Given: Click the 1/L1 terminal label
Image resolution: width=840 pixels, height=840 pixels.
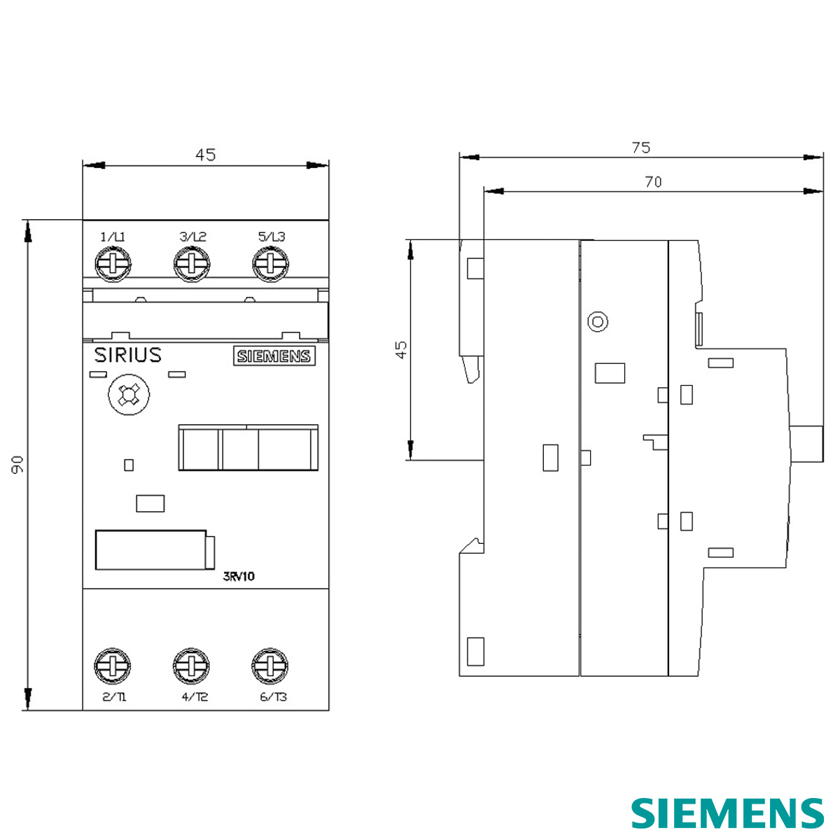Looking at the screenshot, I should point(113,237).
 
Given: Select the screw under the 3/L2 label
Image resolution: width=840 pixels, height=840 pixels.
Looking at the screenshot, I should point(192,265).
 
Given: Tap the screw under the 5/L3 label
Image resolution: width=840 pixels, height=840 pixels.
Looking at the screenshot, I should point(270,265).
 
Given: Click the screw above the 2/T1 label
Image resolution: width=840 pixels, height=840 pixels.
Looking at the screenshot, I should point(113,665).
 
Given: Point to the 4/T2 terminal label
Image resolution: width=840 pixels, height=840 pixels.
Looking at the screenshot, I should point(195,697).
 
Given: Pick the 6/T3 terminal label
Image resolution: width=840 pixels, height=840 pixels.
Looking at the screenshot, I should point(273,697).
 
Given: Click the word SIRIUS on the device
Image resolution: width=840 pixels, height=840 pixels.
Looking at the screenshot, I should point(127,355).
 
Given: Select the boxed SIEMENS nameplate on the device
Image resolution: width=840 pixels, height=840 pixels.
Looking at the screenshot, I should point(274,356).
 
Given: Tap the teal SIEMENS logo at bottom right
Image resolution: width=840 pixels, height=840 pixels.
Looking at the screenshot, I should point(727,813).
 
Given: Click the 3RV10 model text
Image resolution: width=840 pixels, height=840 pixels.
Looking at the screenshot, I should point(239,577).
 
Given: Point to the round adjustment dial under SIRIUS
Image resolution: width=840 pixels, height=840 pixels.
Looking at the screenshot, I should point(127,395).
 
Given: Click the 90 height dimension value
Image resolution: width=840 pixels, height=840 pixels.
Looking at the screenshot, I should point(17,463).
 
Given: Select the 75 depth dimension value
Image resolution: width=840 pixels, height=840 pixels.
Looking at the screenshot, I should point(640,148).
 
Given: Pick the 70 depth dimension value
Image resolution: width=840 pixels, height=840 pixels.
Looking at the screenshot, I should point(652,182).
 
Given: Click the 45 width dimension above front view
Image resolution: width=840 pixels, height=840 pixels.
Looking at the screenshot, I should point(205,155).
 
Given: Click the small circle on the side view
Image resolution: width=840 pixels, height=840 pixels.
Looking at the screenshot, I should point(598,322).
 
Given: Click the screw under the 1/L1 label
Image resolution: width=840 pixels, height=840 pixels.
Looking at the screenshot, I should point(113,265).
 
